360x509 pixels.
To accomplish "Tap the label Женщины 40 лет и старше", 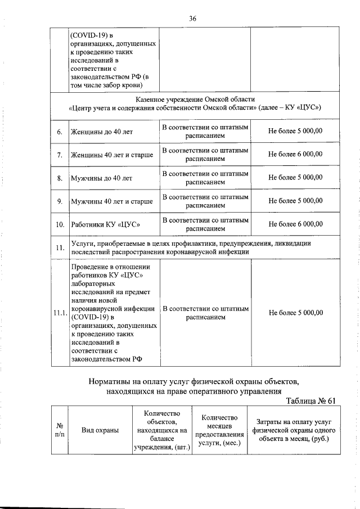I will pyautogui.click(x=112, y=155).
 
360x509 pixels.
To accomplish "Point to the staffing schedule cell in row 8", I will pyautogui.click(x=205, y=178).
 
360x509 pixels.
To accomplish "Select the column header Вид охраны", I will pyautogui.click(x=100, y=430).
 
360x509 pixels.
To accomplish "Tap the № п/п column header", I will pyautogui.click(x=59, y=430).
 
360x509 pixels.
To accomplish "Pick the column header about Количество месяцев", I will pyautogui.click(x=219, y=430).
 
